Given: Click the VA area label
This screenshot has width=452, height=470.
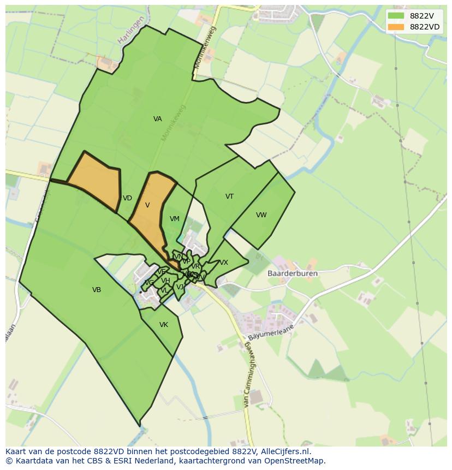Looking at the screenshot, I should coord(157,119).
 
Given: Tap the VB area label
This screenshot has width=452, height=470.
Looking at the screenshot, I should coord(97,290).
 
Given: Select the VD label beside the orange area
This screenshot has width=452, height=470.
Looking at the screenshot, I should coord(127,198).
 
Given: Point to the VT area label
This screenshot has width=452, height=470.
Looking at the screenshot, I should coord(229,197).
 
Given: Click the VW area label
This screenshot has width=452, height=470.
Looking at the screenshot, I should coord(261,215).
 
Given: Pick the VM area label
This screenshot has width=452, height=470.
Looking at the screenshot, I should coord(174,219).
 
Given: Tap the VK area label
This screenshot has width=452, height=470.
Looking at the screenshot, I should coord(163,325).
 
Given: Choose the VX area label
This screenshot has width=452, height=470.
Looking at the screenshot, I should coord(224,263).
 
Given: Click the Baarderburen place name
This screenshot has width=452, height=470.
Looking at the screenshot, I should coord(293,273).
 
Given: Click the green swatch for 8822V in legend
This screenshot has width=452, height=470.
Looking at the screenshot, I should coord(396,16).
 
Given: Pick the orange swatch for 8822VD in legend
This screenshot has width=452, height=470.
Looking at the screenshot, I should coord(396,27).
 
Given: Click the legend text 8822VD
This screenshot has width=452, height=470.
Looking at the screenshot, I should coord(425,27).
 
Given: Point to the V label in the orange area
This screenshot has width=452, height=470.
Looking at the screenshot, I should coord(147,205).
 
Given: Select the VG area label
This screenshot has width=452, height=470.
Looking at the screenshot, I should coord(148,283).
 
